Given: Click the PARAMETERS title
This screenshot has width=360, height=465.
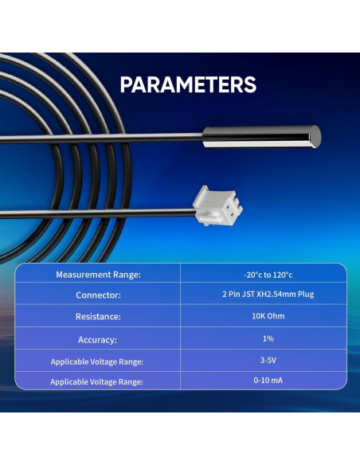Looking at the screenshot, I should coord(188,84).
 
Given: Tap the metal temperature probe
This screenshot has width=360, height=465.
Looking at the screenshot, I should coord(261,136).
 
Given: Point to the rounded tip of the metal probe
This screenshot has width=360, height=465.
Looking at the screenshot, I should coord(316,136).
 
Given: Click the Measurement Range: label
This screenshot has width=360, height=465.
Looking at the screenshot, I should coord(98,275).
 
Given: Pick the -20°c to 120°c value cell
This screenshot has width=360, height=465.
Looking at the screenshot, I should coord(264,275).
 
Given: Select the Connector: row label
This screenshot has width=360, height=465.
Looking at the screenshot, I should coord(98,295).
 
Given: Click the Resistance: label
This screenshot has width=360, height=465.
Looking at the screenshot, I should coord(98,317).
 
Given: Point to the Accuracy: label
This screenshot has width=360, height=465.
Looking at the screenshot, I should coord(98,339).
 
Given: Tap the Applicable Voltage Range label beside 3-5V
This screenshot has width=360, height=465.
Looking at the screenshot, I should coord(97,361).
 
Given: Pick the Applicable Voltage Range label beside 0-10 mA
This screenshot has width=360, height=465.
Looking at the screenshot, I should coord(97,382).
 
